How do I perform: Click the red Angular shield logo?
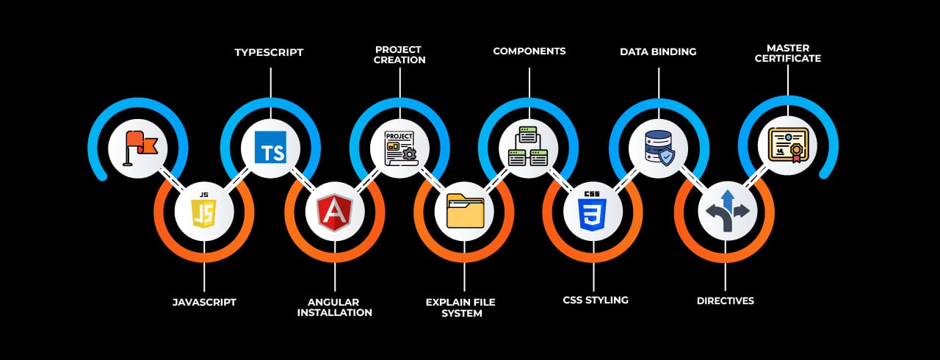[335, 212]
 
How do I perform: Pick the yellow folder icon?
[464, 212]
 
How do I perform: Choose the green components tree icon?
[529, 146]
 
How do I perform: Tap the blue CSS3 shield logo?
[593, 212]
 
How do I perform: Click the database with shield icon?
[659, 147]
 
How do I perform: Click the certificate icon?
[787, 145]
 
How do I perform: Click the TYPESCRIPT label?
[269, 52]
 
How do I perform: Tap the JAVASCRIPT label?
[204, 302]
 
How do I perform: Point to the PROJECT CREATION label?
[399, 54]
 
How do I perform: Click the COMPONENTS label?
[529, 51]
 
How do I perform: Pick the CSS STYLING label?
[596, 300]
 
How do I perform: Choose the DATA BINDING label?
[658, 52]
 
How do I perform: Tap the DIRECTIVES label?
[725, 301]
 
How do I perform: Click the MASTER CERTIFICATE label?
[788, 53]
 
